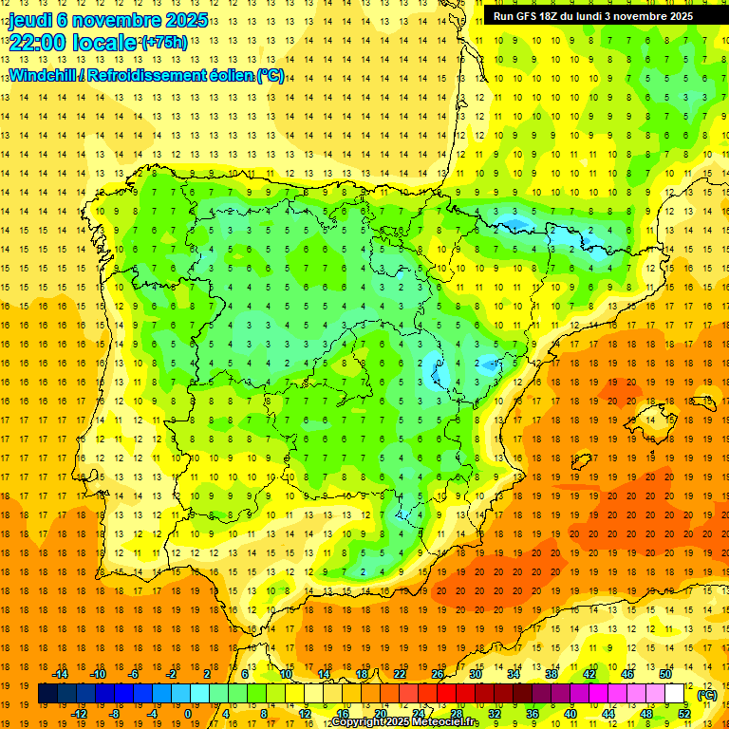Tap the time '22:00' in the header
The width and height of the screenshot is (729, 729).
click(x=40, y=43)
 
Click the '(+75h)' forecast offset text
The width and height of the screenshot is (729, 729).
click(x=163, y=43)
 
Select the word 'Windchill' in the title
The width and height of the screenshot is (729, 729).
click(x=42, y=75)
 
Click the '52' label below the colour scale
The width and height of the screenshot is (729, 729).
click(x=684, y=714)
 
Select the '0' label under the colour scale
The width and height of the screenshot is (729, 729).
click(x=189, y=714)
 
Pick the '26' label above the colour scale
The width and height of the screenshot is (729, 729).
click(x=438, y=674)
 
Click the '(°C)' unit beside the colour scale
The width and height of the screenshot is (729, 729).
click(x=706, y=694)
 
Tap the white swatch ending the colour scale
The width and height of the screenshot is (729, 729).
click(x=675, y=694)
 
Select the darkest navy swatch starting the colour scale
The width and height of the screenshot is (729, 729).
click(x=47, y=694)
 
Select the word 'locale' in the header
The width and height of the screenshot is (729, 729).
click(x=107, y=43)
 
